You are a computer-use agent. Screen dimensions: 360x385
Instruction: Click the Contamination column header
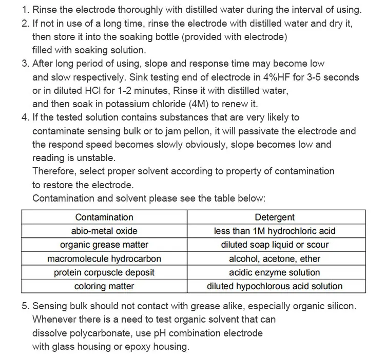coord(104,217)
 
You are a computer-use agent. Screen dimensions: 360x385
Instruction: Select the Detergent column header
coord(275,217)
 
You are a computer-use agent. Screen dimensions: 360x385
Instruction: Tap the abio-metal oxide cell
coord(104,231)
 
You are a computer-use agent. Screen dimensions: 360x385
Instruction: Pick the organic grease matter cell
coord(104,245)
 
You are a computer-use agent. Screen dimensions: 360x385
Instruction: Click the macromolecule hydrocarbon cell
coord(104,259)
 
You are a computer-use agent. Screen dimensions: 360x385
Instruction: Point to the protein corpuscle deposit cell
coord(104,273)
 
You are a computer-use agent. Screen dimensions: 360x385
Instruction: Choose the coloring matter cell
coord(104,287)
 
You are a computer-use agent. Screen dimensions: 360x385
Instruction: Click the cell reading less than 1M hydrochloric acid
coord(275,231)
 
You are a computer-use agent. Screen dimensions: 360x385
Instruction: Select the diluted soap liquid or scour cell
coord(275,245)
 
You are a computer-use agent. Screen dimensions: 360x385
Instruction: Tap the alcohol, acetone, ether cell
coord(275,259)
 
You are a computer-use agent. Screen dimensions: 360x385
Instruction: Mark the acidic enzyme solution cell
coord(275,273)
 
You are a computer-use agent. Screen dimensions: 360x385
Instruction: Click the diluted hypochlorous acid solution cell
coord(275,287)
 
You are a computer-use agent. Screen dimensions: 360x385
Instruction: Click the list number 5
coord(25,306)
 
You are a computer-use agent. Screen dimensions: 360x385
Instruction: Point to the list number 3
coord(25,64)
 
